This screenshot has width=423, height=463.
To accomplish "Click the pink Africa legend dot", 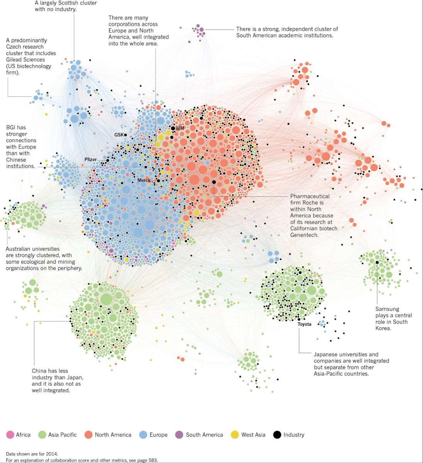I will pos(10,434).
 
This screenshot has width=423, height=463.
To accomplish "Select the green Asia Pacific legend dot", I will pos(42,434).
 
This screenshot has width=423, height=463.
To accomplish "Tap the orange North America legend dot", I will pos(89,434).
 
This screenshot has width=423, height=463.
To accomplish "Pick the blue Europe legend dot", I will pos(143,434).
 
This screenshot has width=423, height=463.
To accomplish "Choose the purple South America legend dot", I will pos(180,434).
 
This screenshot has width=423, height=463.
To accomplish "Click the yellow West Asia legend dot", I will pos(235,434).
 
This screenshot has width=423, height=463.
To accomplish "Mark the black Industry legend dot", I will pos(277,434).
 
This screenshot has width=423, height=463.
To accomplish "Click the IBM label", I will pos(179,128).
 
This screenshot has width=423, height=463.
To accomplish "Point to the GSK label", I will pos(118,135).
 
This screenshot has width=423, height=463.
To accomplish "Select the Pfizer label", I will pos(91,159).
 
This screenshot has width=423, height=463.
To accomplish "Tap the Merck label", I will pos(144,180).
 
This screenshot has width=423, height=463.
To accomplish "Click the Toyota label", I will pos(305,324).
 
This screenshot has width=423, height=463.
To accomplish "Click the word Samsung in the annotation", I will pos(387,309).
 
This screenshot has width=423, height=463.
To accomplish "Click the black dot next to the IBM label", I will pos(173,128).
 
